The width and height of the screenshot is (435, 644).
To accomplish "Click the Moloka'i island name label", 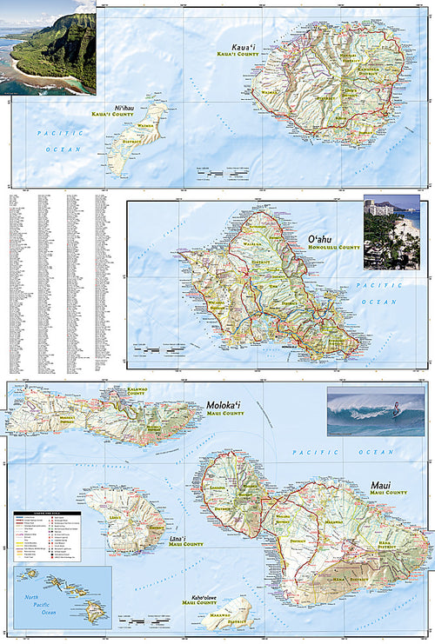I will point(225,406).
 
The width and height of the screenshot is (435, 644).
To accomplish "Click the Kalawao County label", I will point(136,392).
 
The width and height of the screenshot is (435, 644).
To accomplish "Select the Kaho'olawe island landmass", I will point(224,612).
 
